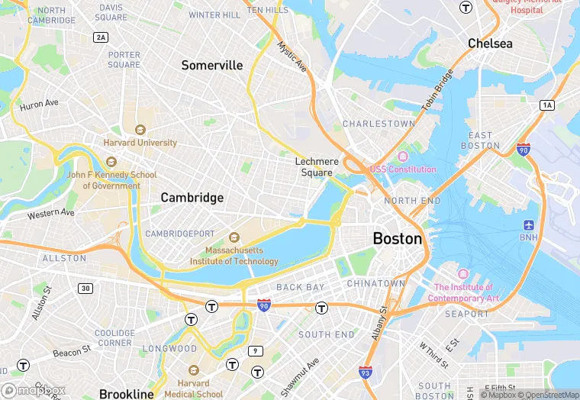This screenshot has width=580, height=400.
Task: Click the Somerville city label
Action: (x=211, y=66)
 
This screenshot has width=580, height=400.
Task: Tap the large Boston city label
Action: (x=397, y=239)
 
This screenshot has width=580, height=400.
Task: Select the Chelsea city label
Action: (x=490, y=44)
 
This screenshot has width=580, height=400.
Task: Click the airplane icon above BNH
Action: (x=529, y=225)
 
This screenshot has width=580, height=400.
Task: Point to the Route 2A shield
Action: (x=101, y=37)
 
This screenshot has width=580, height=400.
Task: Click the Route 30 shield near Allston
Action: (x=85, y=288)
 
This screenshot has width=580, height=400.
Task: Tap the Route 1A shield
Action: (x=546, y=105)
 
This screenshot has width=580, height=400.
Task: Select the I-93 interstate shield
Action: (x=366, y=373)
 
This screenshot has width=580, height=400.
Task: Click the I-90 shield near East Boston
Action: (x=524, y=149)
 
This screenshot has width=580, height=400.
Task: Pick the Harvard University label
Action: (x=140, y=142)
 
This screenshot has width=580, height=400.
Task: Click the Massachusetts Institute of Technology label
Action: (x=234, y=256)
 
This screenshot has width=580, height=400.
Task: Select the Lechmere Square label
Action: (x=315, y=166)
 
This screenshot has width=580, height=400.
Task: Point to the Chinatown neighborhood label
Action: (x=375, y=283)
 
